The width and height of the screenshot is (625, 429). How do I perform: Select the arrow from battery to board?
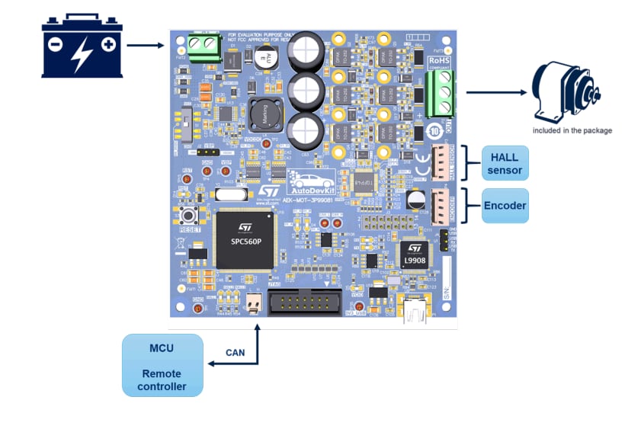click(x=145, y=46)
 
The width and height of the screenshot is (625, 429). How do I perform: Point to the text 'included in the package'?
click(x=572, y=130)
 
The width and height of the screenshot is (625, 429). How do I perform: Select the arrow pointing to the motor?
click(x=496, y=92)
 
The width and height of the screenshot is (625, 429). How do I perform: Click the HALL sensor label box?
click(x=505, y=164)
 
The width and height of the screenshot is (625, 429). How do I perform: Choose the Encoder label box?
click(x=505, y=206)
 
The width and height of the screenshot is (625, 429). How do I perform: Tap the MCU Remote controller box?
click(x=162, y=365)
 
